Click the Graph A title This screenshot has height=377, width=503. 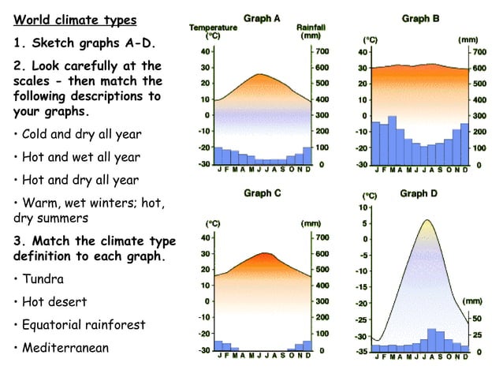click(x=261, y=19)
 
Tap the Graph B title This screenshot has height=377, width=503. click(x=420, y=17)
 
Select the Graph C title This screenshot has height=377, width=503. click(x=263, y=193)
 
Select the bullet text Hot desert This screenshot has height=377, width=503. click(x=54, y=301)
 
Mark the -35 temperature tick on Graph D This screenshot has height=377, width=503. click(x=362, y=352)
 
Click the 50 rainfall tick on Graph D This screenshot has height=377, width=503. click(x=477, y=318)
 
